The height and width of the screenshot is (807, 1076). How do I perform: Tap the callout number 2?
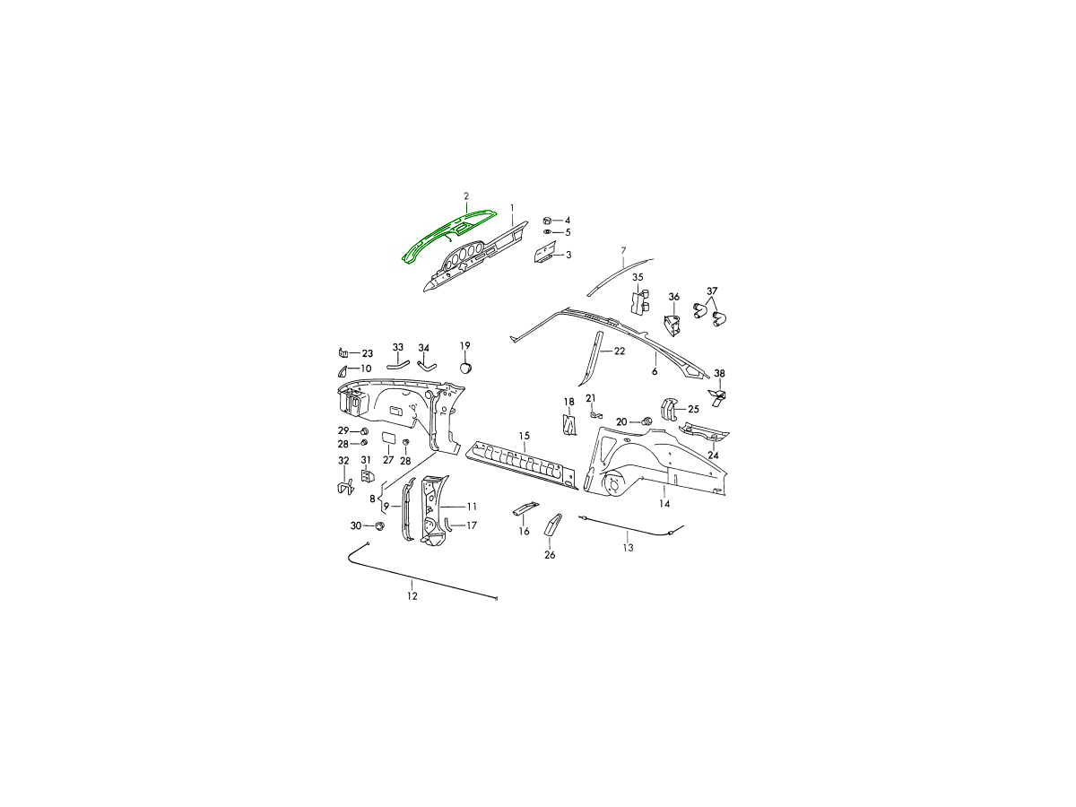[x=466, y=195]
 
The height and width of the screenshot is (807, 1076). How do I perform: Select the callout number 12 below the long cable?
[x=412, y=595]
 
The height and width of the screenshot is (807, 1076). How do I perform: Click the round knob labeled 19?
[x=465, y=366]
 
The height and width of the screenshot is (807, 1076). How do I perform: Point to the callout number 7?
[x=623, y=249]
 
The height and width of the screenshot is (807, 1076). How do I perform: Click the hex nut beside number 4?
[x=548, y=220]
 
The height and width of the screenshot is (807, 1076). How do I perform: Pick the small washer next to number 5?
[x=548, y=232]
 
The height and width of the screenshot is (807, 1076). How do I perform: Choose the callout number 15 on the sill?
[x=525, y=436]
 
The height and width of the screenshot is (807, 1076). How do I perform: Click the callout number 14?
[x=664, y=504]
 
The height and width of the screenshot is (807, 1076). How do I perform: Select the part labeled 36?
[x=672, y=325]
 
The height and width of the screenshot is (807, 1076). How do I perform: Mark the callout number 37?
[x=712, y=291]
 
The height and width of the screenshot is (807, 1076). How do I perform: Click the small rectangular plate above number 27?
[x=390, y=438]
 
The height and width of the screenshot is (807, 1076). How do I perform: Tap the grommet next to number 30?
[x=378, y=525]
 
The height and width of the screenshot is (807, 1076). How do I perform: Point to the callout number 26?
[x=550, y=555]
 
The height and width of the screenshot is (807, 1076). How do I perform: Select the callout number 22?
[x=619, y=351]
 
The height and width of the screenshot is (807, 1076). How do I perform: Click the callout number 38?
[x=719, y=373]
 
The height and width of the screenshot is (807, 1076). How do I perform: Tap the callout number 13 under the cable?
[x=628, y=547]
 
